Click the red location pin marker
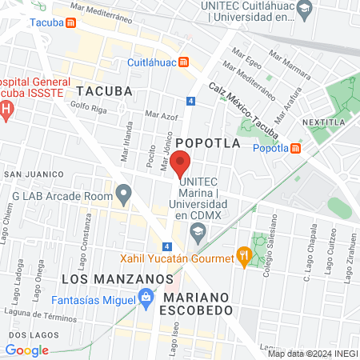pos(179,163)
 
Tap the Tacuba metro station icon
pos(71,22)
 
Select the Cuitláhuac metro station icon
pos(184,62)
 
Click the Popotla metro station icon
pos(296,148)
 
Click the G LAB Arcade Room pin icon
pos(123,193)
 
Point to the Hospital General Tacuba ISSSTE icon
pos(6,109)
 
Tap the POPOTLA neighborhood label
pos(208,142)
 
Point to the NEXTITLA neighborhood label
pos(323,122)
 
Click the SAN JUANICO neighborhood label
pos(33,174)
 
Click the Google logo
pos(26,350)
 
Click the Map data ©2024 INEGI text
pos(312,354)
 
